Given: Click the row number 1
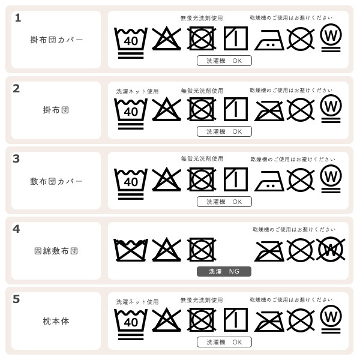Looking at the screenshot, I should pos(17,18).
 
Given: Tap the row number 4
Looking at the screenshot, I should pos(17,229).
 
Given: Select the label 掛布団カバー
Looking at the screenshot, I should pos(56,40).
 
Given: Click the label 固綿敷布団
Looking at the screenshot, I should pos(56,251).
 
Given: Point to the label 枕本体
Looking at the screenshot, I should pos(56,321).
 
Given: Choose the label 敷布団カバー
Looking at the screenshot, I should pos(56,181).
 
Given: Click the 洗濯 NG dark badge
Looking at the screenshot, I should pos(224,271).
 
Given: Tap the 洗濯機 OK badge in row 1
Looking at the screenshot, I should pos(224,61).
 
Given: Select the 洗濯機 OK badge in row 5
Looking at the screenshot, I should pos(224,342).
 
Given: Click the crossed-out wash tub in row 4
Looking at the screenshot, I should pos(131,250).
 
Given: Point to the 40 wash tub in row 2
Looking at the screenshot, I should pos(131,110).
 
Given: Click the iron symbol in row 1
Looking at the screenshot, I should pos(269,41).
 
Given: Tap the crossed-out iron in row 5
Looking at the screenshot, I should pos(269,320).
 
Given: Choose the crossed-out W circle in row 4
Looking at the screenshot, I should pos(330,249).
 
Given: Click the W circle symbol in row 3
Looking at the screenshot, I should pos(331,178).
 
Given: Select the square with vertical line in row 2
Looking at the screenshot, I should pos(235,109).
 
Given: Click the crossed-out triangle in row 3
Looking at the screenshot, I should pos(166,179).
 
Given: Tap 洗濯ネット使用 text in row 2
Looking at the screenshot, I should pos(137,91).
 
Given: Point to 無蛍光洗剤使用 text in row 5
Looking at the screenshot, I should pos(202,300).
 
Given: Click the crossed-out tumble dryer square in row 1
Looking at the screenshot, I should pos(202,39).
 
